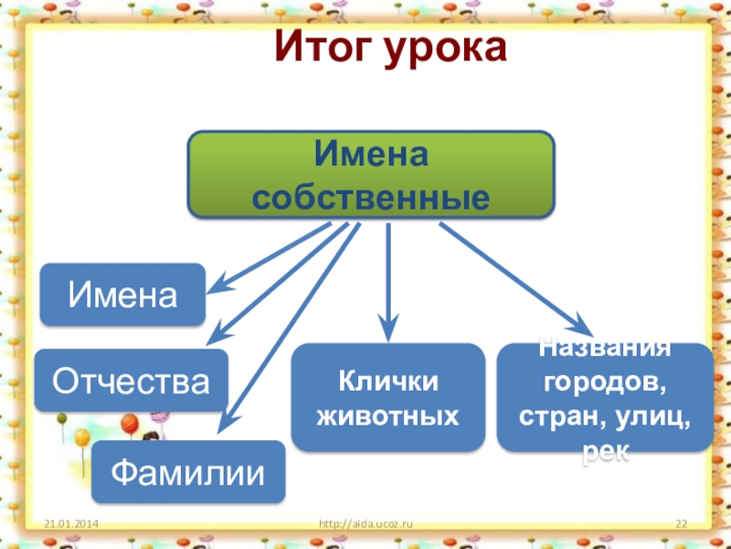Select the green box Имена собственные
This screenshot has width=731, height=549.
371,174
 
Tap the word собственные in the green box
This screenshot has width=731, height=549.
371,197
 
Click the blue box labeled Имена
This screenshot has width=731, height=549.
122,295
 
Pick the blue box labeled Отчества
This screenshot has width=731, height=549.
132,380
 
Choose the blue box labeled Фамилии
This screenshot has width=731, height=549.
187,471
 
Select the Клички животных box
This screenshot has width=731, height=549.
387,398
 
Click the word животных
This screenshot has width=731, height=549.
387,417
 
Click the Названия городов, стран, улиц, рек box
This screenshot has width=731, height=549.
604,397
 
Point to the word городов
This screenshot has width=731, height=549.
604,378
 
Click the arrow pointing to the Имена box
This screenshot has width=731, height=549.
270,257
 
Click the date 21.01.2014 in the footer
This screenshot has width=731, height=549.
72,523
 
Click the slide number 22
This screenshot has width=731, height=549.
680,523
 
